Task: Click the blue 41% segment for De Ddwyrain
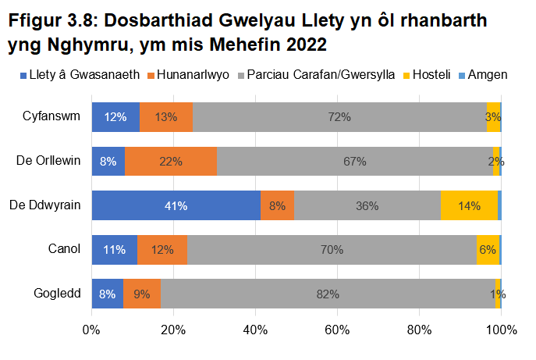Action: click(x=176, y=206)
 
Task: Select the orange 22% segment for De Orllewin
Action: click(x=170, y=162)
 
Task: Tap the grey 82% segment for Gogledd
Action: click(x=328, y=294)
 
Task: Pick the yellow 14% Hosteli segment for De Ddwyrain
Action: click(x=469, y=206)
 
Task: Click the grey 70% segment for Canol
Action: click(x=332, y=250)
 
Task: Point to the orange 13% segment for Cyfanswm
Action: click(x=166, y=117)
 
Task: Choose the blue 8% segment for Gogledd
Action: click(x=107, y=294)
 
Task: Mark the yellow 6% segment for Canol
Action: click(x=488, y=250)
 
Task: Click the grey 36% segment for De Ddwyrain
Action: click(x=367, y=206)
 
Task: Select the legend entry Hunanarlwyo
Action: click(x=197, y=75)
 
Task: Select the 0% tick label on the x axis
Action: click(x=91, y=329)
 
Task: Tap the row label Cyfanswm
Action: click(x=51, y=117)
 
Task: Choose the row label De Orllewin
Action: click(x=48, y=162)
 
